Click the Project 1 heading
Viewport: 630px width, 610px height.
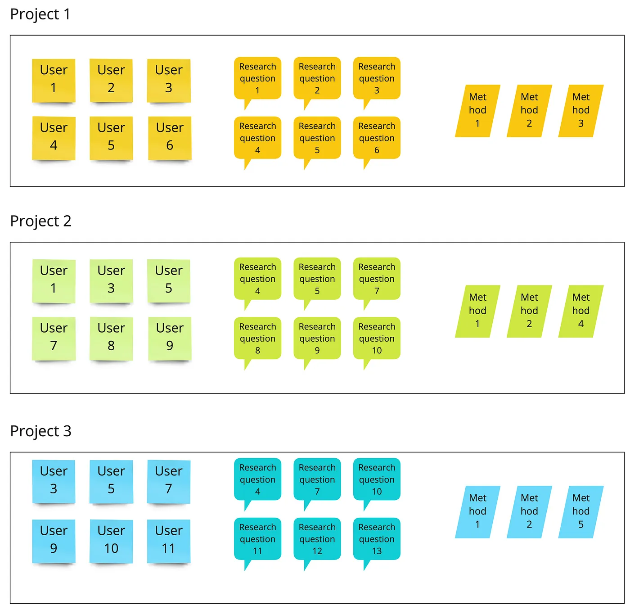click(40, 14)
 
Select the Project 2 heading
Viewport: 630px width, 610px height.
click(41, 221)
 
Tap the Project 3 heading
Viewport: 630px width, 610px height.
click(41, 431)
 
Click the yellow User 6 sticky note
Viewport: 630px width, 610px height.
click(170, 138)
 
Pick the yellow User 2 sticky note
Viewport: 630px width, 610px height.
click(111, 80)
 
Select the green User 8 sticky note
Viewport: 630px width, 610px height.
click(111, 338)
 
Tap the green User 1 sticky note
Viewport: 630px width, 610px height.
click(54, 280)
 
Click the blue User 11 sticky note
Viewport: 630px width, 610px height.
click(169, 541)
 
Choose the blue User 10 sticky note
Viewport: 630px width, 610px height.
click(111, 541)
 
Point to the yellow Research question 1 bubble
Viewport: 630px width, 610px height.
click(257, 78)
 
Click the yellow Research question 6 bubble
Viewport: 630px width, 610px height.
click(377, 138)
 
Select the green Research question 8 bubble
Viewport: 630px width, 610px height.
click(257, 338)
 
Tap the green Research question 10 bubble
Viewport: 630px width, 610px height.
click(377, 338)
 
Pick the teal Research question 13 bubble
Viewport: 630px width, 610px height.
click(377, 539)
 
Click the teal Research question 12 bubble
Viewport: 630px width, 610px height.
click(317, 539)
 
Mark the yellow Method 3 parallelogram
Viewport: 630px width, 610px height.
click(581, 111)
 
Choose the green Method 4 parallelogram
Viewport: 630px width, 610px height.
click(581, 311)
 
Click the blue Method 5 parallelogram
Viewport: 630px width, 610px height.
click(581, 512)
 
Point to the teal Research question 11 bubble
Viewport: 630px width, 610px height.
click(257, 539)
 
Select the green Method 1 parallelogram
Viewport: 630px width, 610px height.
click(477, 311)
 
